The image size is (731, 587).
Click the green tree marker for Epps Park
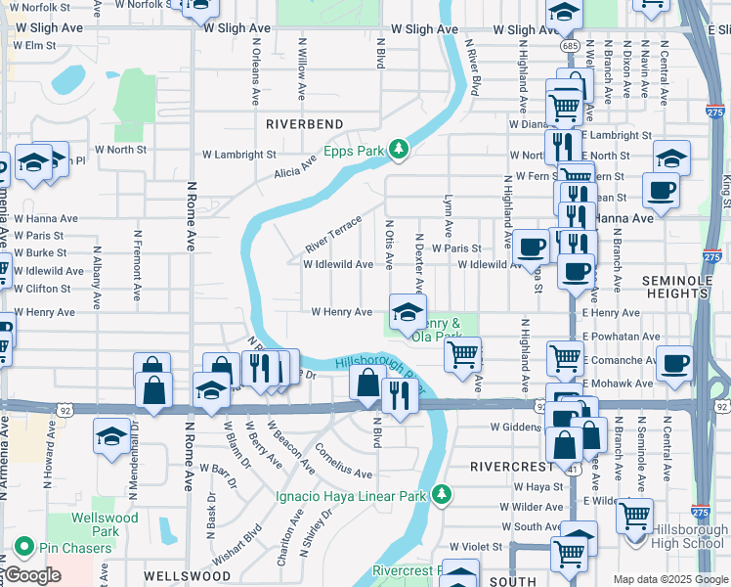click(398, 150)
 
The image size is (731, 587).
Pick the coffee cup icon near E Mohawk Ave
click(673, 365)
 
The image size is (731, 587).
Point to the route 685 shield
click(568, 46)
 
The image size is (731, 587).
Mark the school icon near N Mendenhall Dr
click(111, 435)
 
